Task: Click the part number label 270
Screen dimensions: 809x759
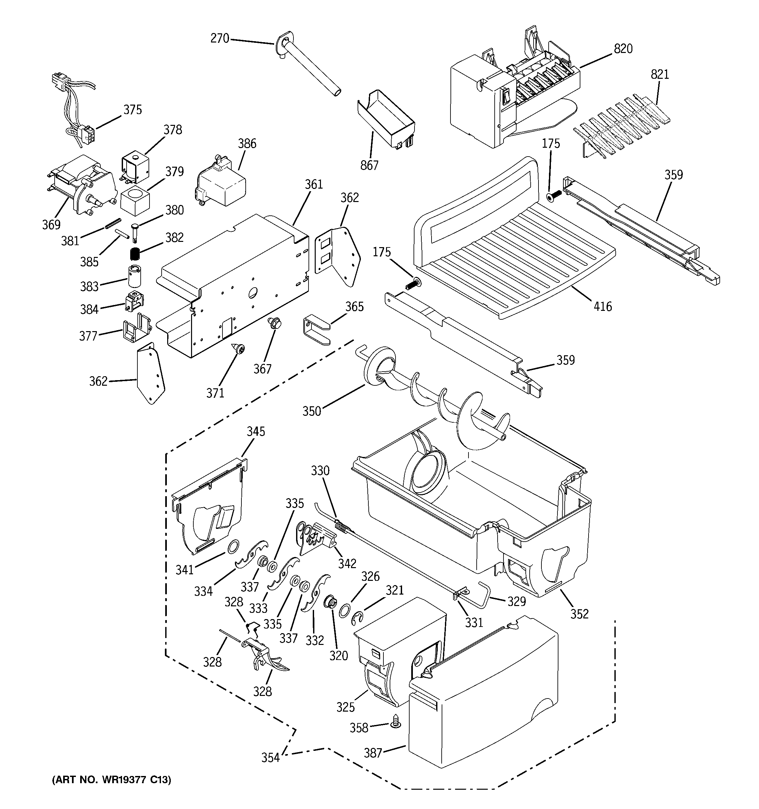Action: click(220, 39)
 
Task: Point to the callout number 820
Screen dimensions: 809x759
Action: click(623, 49)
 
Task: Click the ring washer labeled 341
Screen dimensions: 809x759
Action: click(232, 547)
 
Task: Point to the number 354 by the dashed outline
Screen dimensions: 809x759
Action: click(271, 757)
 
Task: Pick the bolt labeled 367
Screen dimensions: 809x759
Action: click(272, 324)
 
